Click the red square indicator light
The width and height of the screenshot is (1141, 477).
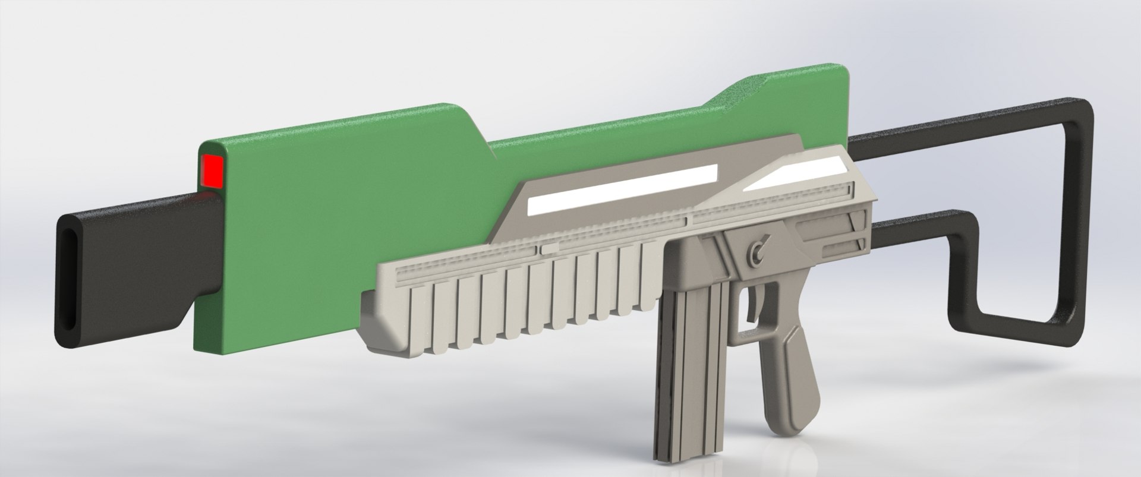pyautogui.click(x=212, y=170)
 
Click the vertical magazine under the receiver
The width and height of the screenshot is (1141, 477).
pyautogui.click(x=689, y=368)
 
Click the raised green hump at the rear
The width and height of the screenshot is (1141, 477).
pyautogui.click(x=767, y=101)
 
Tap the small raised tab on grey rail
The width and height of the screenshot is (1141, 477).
pyautogui.click(x=549, y=248)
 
